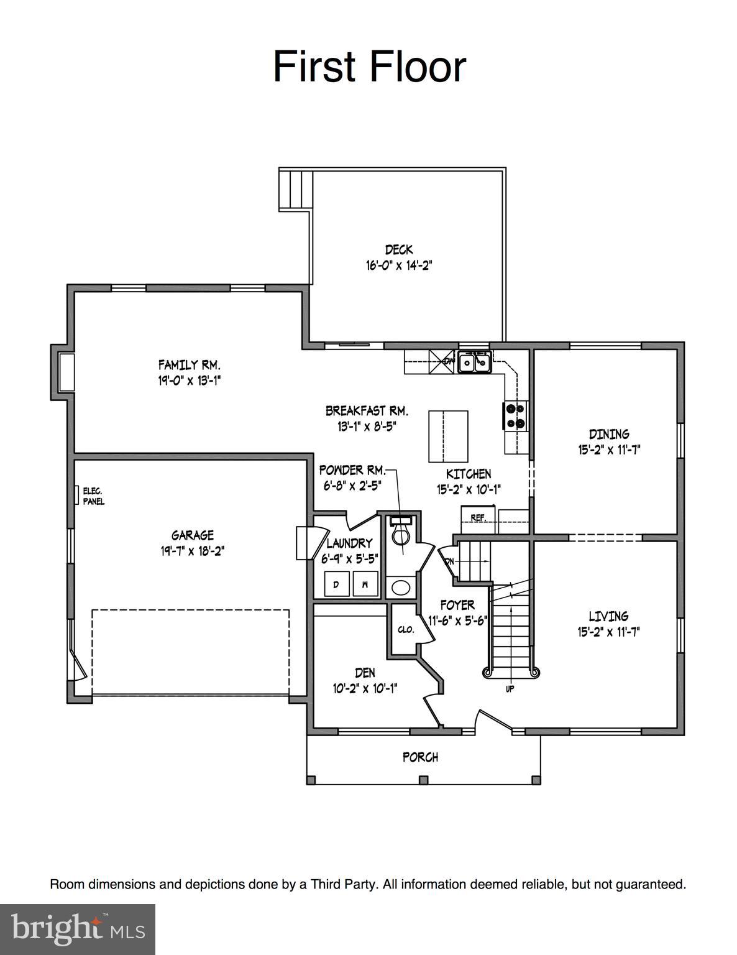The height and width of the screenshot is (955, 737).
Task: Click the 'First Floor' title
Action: click(x=369, y=67)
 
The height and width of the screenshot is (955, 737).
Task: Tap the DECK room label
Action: click(x=398, y=250)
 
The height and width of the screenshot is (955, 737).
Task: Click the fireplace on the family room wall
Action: click(x=66, y=372)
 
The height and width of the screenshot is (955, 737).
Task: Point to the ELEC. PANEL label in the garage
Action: click(x=93, y=496)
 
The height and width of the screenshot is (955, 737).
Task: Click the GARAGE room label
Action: click(x=192, y=535)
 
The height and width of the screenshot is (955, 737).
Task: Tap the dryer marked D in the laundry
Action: click(x=336, y=584)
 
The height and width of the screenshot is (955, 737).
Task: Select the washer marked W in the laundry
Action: click(x=365, y=584)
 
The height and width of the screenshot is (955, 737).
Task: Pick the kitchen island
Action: click(x=448, y=435)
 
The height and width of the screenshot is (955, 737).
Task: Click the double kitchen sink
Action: click(x=474, y=361)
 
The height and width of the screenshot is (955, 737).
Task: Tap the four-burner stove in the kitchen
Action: click(x=515, y=415)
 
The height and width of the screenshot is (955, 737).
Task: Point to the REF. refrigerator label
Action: click(x=477, y=517)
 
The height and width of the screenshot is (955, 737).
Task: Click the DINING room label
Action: click(x=608, y=434)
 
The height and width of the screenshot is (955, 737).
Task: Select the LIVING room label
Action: click(x=608, y=616)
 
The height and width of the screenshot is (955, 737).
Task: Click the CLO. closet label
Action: click(x=406, y=629)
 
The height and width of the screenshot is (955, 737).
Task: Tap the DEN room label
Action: click(x=365, y=673)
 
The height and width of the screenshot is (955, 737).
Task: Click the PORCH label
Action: click(x=420, y=757)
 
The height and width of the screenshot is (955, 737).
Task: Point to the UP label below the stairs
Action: click(x=510, y=689)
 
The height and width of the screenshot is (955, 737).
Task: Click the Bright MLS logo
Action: click(x=78, y=929)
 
